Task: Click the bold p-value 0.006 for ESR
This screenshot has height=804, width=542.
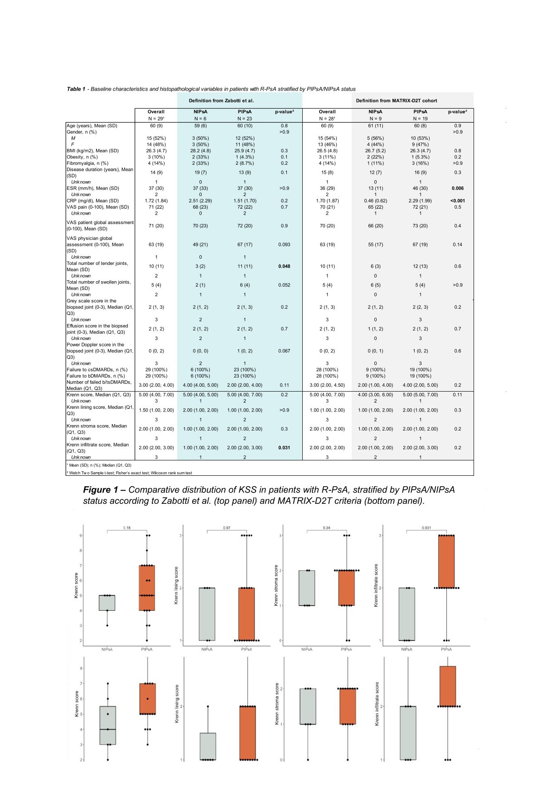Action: coord(457,188)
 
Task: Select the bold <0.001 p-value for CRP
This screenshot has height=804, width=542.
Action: coord(457,201)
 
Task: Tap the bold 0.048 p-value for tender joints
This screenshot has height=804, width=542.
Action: coord(284,266)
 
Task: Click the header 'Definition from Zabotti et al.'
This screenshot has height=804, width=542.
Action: coord(221,100)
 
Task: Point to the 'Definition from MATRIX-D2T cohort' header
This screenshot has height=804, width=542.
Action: coord(396,100)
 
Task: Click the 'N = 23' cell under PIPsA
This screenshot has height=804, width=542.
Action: coord(245,119)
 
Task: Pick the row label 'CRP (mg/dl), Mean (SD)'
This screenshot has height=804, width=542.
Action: coord(92,201)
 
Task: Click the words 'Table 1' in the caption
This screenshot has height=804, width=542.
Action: coord(76,89)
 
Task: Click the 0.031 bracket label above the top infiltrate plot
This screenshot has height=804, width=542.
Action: coord(426,528)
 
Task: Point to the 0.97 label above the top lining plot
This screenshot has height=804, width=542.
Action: coord(227,528)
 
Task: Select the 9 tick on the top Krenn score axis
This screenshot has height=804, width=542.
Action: coord(81,536)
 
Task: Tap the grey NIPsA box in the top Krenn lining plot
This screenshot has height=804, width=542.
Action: coord(207,614)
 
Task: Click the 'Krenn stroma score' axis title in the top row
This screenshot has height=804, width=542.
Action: coord(276,585)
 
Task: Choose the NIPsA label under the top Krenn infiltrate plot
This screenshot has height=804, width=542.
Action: coord(406,649)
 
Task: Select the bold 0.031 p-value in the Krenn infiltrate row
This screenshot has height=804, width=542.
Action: coord(284,448)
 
